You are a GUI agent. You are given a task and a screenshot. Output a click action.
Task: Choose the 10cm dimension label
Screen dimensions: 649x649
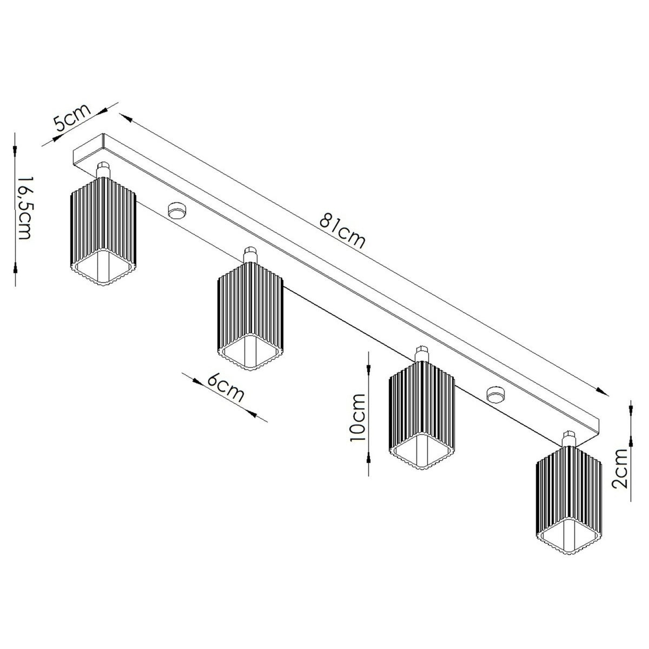357,418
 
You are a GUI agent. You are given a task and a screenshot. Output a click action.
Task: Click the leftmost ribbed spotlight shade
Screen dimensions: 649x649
103,231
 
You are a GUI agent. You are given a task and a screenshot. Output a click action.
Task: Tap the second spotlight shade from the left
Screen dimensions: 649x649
250,317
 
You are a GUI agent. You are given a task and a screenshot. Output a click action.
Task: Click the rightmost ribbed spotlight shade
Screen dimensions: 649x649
569,500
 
